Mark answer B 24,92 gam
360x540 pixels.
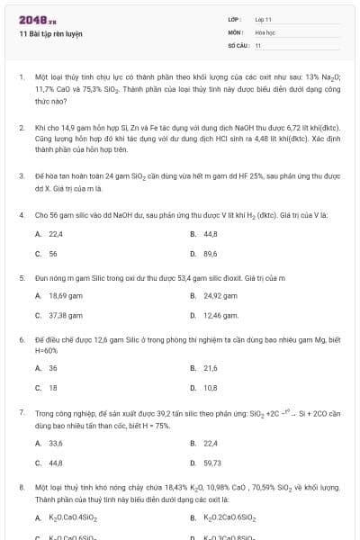214,295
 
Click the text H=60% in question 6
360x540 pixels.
46,350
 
